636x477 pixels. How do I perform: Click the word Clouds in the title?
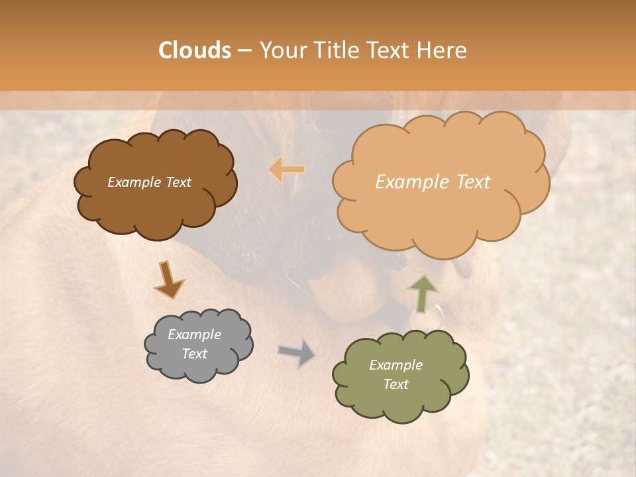click(x=194, y=50)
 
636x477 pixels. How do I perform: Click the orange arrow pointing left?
click(x=287, y=170)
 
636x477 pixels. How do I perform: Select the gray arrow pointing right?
click(x=297, y=352)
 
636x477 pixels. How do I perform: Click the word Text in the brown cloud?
click(x=178, y=182)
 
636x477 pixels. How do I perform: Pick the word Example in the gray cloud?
click(x=194, y=335)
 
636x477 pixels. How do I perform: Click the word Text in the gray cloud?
click(x=194, y=354)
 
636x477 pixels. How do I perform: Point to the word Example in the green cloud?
click(x=396, y=365)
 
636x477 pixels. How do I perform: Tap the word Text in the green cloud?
click(x=396, y=384)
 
